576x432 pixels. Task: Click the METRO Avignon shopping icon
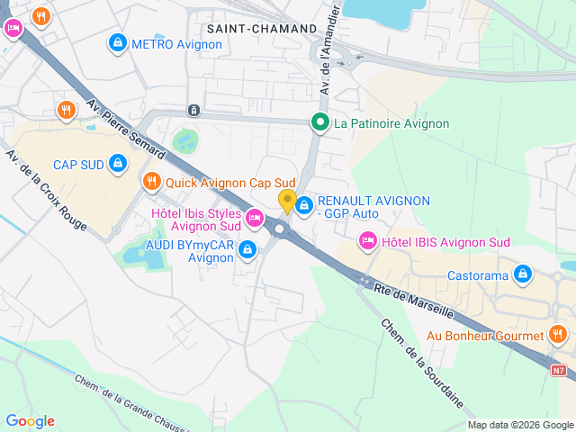pyautogui.click(x=117, y=42)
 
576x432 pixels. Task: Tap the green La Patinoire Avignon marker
pyautogui.click(x=319, y=123)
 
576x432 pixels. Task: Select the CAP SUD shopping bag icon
pyautogui.click(x=117, y=164)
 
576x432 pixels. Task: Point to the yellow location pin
pyautogui.click(x=287, y=201)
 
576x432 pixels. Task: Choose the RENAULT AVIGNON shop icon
pyautogui.click(x=305, y=206)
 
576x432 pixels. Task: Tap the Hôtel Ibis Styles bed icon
pyautogui.click(x=255, y=218)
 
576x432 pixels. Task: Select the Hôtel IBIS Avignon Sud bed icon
pyautogui.click(x=367, y=241)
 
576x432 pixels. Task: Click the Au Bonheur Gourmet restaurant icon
pyautogui.click(x=558, y=336)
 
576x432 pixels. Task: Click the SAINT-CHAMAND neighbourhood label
pyautogui.click(x=262, y=29)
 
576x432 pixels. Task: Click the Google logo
pyautogui.click(x=30, y=421)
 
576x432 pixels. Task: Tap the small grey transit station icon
pyautogui.click(x=193, y=110)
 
